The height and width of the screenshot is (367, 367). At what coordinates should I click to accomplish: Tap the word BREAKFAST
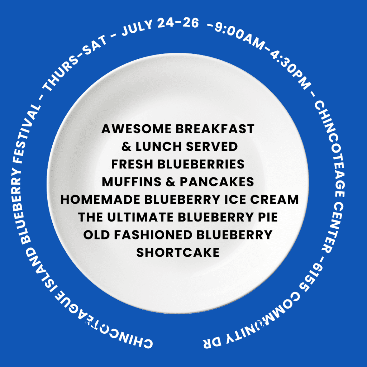pyautogui.click(x=215, y=129)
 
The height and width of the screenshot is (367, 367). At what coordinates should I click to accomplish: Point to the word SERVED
pyautogui.click(x=212, y=147)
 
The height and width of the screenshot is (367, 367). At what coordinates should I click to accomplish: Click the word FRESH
pyautogui.click(x=132, y=164)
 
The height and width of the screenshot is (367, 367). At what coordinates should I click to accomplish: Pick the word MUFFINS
pyautogui.click(x=132, y=182)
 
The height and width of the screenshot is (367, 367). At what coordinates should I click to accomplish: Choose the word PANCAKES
pyautogui.click(x=217, y=182)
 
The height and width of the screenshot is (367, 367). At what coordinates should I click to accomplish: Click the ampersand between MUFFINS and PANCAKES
pyautogui.click(x=170, y=182)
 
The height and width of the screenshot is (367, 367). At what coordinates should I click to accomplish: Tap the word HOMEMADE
pyautogui.click(x=100, y=200)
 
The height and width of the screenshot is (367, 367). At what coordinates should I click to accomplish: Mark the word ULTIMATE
pyautogui.click(x=140, y=217)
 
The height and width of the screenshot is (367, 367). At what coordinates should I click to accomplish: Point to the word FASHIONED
pyautogui.click(x=153, y=235)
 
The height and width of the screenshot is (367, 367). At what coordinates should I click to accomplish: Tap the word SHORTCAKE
pyautogui.click(x=178, y=253)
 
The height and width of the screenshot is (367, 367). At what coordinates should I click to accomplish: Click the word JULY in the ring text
pyautogui.click(x=137, y=28)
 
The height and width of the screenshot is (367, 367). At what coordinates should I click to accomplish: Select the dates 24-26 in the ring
pyautogui.click(x=178, y=23)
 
